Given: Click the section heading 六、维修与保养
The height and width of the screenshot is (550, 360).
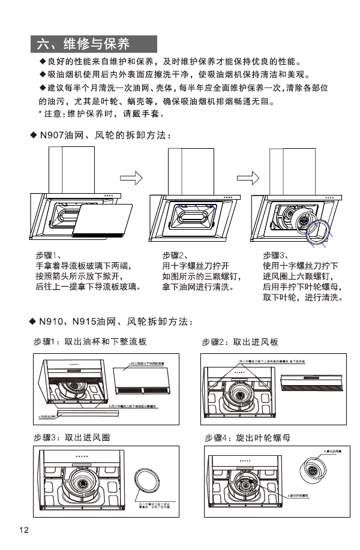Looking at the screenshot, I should (x=83, y=44).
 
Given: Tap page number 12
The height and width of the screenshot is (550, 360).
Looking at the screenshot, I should (x=24, y=530).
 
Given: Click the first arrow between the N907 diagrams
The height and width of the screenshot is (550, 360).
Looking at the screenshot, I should (x=133, y=178).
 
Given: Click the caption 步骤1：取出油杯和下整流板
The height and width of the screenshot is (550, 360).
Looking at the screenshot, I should (x=90, y=342).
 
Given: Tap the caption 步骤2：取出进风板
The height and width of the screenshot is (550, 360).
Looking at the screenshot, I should (x=240, y=342).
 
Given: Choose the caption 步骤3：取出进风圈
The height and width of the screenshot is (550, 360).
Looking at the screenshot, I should (x=72, y=437).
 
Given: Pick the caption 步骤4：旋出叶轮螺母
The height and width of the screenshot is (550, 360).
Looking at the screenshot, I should (x=247, y=438).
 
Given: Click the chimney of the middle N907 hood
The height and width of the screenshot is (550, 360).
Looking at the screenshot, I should (x=182, y=169).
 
